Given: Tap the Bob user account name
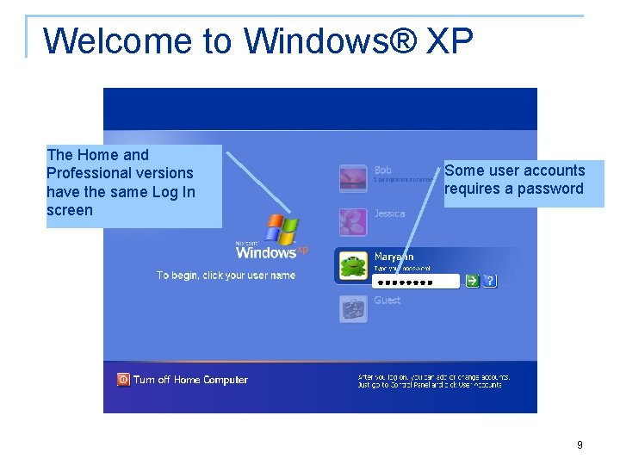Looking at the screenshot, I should (383, 170).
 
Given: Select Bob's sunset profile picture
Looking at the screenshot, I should (353, 178).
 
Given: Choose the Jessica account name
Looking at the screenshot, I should (389, 214).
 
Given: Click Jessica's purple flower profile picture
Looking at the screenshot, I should (353, 222).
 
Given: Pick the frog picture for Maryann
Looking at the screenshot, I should (353, 266).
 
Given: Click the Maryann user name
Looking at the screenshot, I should (394, 257).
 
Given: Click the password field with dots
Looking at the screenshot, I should (417, 281).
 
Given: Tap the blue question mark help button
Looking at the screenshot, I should (490, 281).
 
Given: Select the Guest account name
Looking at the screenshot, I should (387, 301).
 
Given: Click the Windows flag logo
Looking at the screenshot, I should (281, 230).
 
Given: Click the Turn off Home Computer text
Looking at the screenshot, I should (190, 380).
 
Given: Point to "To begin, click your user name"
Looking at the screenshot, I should (226, 276).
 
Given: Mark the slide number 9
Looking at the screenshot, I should (580, 445).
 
